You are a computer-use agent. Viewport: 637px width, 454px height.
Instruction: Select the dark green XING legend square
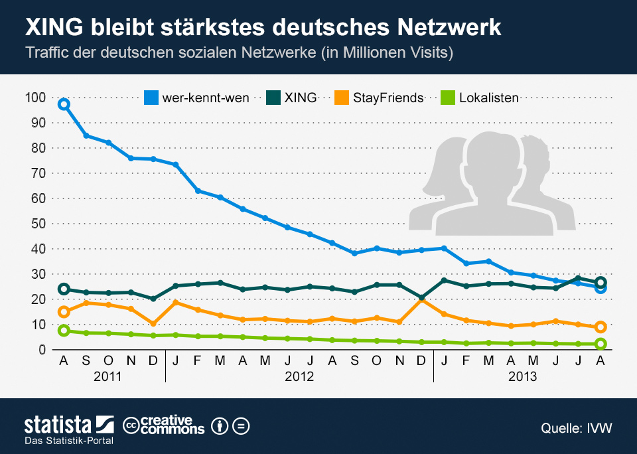(x=273, y=98)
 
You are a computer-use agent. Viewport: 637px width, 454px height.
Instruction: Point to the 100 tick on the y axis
(x=36, y=98)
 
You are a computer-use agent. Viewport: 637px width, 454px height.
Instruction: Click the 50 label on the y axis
(x=38, y=224)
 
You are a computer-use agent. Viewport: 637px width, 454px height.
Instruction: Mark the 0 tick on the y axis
(x=41, y=350)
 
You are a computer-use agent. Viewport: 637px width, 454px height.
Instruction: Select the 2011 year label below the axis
(x=107, y=376)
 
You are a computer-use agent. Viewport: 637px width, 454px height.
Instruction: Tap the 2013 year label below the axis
(x=522, y=376)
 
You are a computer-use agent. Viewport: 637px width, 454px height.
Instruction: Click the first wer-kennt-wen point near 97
(x=64, y=104)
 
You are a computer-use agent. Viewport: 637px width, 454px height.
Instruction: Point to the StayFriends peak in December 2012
(x=422, y=300)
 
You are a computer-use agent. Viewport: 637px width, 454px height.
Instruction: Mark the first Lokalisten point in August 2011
(x=64, y=331)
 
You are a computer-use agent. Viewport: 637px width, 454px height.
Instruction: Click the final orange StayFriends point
(x=601, y=327)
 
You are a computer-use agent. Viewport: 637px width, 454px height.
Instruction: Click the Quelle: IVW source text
(x=576, y=429)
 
